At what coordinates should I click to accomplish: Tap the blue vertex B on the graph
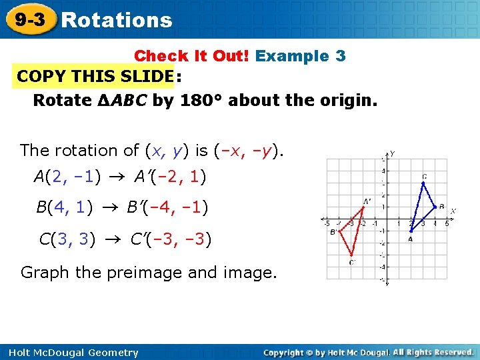tap(434, 207)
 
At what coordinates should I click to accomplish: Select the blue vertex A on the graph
tap(410, 231)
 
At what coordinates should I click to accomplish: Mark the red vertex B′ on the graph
tap(339, 231)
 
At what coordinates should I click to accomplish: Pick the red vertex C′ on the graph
tap(351, 255)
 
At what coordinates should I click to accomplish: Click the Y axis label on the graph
tap(392, 153)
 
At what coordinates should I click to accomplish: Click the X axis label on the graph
tap(453, 211)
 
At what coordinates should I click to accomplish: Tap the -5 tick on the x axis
tap(327, 223)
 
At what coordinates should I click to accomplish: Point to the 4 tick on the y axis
tap(383, 171)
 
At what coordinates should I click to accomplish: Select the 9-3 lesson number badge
tap(30, 19)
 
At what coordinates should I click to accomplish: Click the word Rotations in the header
tap(117, 20)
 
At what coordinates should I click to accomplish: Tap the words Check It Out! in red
tap(191, 56)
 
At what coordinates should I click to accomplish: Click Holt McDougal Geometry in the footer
tap(70, 353)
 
